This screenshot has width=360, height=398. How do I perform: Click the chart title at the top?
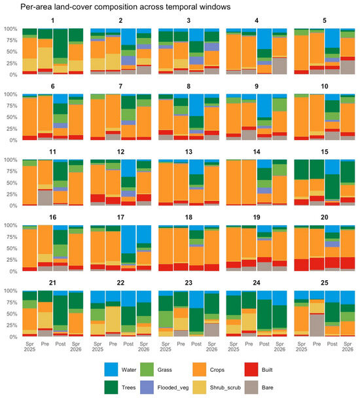click(x=126, y=7)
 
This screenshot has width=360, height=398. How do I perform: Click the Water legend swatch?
click(x=111, y=369)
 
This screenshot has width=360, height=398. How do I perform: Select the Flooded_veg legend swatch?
click(x=147, y=387)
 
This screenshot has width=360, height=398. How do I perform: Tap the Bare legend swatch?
click(x=251, y=387)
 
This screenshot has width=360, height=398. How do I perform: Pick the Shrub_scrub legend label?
click(x=225, y=388)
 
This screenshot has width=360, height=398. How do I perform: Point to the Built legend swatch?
click(x=251, y=369)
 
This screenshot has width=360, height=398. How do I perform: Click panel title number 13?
click(x=189, y=152)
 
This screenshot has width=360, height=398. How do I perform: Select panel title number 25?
click(x=325, y=283)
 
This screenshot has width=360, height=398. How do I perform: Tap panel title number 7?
click(x=120, y=86)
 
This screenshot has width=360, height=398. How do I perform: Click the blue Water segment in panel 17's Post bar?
click(x=128, y=240)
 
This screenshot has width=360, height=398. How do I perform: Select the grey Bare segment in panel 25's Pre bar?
click(x=317, y=325)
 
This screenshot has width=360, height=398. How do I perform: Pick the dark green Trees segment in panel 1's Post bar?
click(x=60, y=43)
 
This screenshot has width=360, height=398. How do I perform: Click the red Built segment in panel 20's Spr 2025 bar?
click(x=301, y=264)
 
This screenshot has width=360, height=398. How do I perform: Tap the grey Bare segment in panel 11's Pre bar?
click(x=45, y=198)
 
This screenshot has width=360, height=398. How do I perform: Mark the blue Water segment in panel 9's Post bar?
click(x=264, y=106)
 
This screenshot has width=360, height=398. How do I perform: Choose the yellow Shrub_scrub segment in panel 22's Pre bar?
click(x=113, y=319)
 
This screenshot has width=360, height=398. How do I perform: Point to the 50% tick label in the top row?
click(x=10, y=52)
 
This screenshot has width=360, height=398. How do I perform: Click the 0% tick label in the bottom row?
click(x=13, y=337)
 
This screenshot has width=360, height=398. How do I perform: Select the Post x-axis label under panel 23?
click(x=196, y=344)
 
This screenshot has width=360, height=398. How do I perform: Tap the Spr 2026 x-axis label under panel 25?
click(x=348, y=346)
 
